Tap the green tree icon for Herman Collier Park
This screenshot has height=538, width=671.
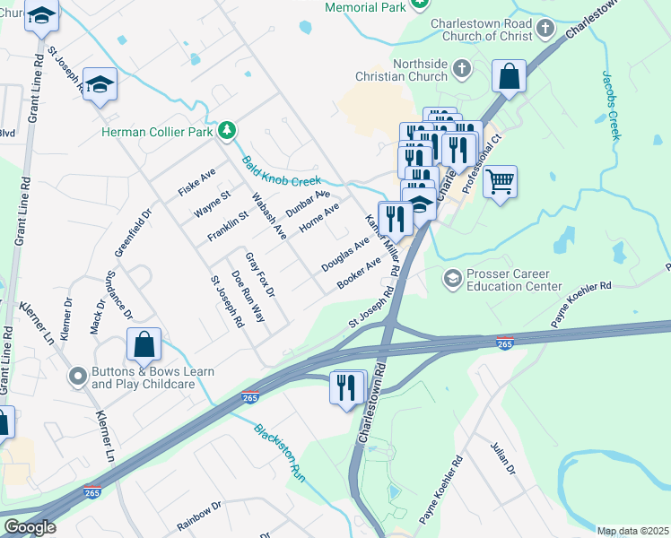(x=229, y=132)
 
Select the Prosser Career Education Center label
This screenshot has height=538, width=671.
(x=509, y=280)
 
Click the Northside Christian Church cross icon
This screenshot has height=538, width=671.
(x=461, y=69)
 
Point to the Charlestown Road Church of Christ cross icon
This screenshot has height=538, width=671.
(x=544, y=30)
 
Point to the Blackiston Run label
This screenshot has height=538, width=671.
(x=280, y=452)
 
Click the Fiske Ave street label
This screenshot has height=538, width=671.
(x=196, y=182)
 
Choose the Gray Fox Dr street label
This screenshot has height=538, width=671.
(x=259, y=274)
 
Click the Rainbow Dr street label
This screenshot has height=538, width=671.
(x=198, y=516)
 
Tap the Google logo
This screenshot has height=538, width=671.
(x=30, y=528)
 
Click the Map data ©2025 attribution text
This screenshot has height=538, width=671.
(x=632, y=531)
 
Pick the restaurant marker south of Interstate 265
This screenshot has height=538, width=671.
(x=347, y=388)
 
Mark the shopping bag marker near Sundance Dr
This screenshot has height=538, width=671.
(x=144, y=345)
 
